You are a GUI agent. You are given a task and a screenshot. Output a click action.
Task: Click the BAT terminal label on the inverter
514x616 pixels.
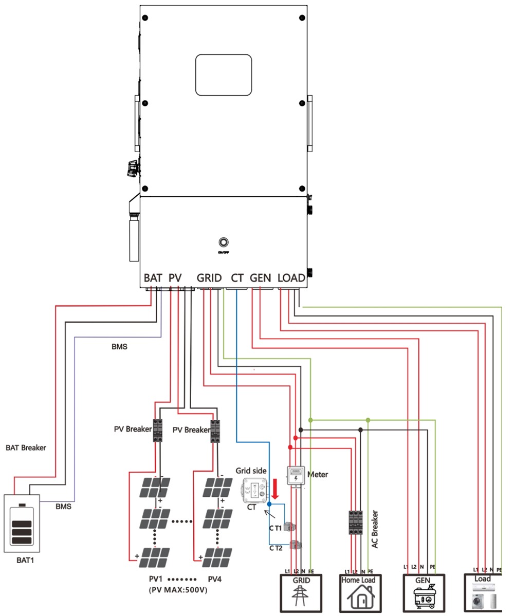click(153, 278)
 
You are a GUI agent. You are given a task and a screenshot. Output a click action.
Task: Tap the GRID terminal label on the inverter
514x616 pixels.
click(209, 278)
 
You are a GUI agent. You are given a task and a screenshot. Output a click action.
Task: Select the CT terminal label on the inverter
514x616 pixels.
click(237, 278)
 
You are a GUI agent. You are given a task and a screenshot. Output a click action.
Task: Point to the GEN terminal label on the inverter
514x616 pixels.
click(260, 278)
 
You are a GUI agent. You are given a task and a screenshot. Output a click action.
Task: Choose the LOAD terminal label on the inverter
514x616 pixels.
click(291, 278)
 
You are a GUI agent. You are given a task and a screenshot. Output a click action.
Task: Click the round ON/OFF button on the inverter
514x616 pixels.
click(223, 242)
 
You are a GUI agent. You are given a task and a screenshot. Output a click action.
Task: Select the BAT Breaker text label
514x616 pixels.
click(26, 447)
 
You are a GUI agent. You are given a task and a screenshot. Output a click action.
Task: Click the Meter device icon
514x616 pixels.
click(296, 475)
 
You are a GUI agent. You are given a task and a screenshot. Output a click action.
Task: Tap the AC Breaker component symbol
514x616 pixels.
click(356, 522)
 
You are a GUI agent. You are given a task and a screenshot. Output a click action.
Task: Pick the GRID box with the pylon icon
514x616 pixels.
click(301, 593)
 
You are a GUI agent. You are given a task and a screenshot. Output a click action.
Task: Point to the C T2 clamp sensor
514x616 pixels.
click(295, 545)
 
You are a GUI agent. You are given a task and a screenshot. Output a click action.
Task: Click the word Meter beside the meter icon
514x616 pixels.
click(317, 474)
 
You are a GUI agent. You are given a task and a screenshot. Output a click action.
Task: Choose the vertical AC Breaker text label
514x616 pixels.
click(375, 529)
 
